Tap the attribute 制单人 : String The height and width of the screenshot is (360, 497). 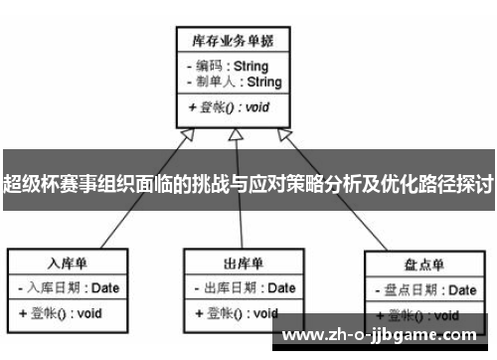(233, 82)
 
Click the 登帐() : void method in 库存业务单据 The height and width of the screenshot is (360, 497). (227, 107)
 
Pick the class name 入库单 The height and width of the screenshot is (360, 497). (68, 264)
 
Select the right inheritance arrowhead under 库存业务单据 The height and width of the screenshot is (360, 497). (285, 135)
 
